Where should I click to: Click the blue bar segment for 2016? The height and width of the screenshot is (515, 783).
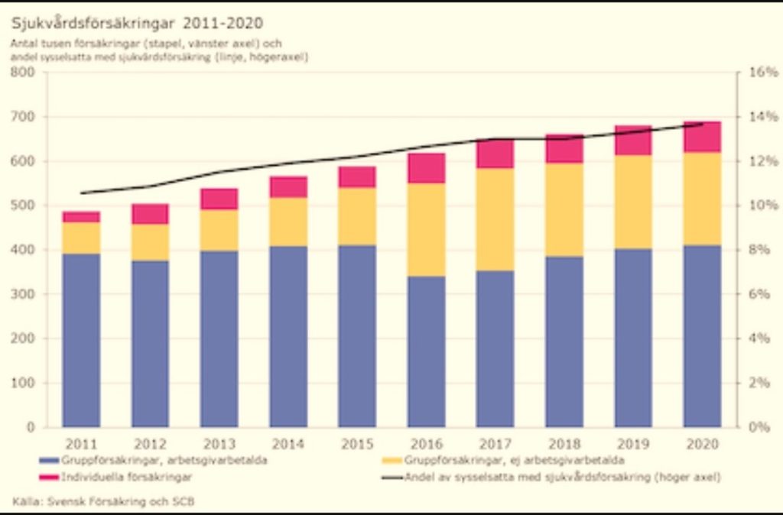pyautogui.click(x=426, y=351)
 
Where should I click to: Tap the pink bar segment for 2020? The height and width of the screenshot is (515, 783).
pyautogui.click(x=702, y=137)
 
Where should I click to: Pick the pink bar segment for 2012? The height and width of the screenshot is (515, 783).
pyautogui.click(x=150, y=214)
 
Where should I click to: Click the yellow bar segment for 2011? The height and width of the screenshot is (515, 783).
pyautogui.click(x=81, y=238)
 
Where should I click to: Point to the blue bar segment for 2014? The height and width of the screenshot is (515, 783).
pyautogui.click(x=288, y=336)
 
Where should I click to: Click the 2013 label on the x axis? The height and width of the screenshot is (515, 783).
pyautogui.click(x=219, y=444)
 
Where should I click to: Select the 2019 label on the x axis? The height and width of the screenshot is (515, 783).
pyautogui.click(x=633, y=444)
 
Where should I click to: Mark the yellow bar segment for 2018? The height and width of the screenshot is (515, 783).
pyautogui.click(x=564, y=209)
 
